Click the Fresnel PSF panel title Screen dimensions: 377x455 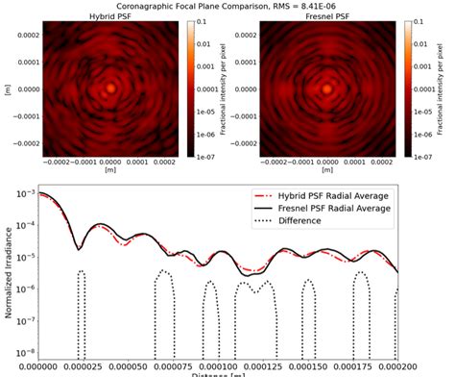pos(331,17)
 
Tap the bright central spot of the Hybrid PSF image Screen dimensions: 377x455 pos(110,88)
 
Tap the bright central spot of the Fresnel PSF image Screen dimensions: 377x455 pos(331,88)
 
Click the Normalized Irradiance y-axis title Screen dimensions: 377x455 pos(9,272)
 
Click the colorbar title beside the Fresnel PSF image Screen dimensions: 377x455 pos(445,87)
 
